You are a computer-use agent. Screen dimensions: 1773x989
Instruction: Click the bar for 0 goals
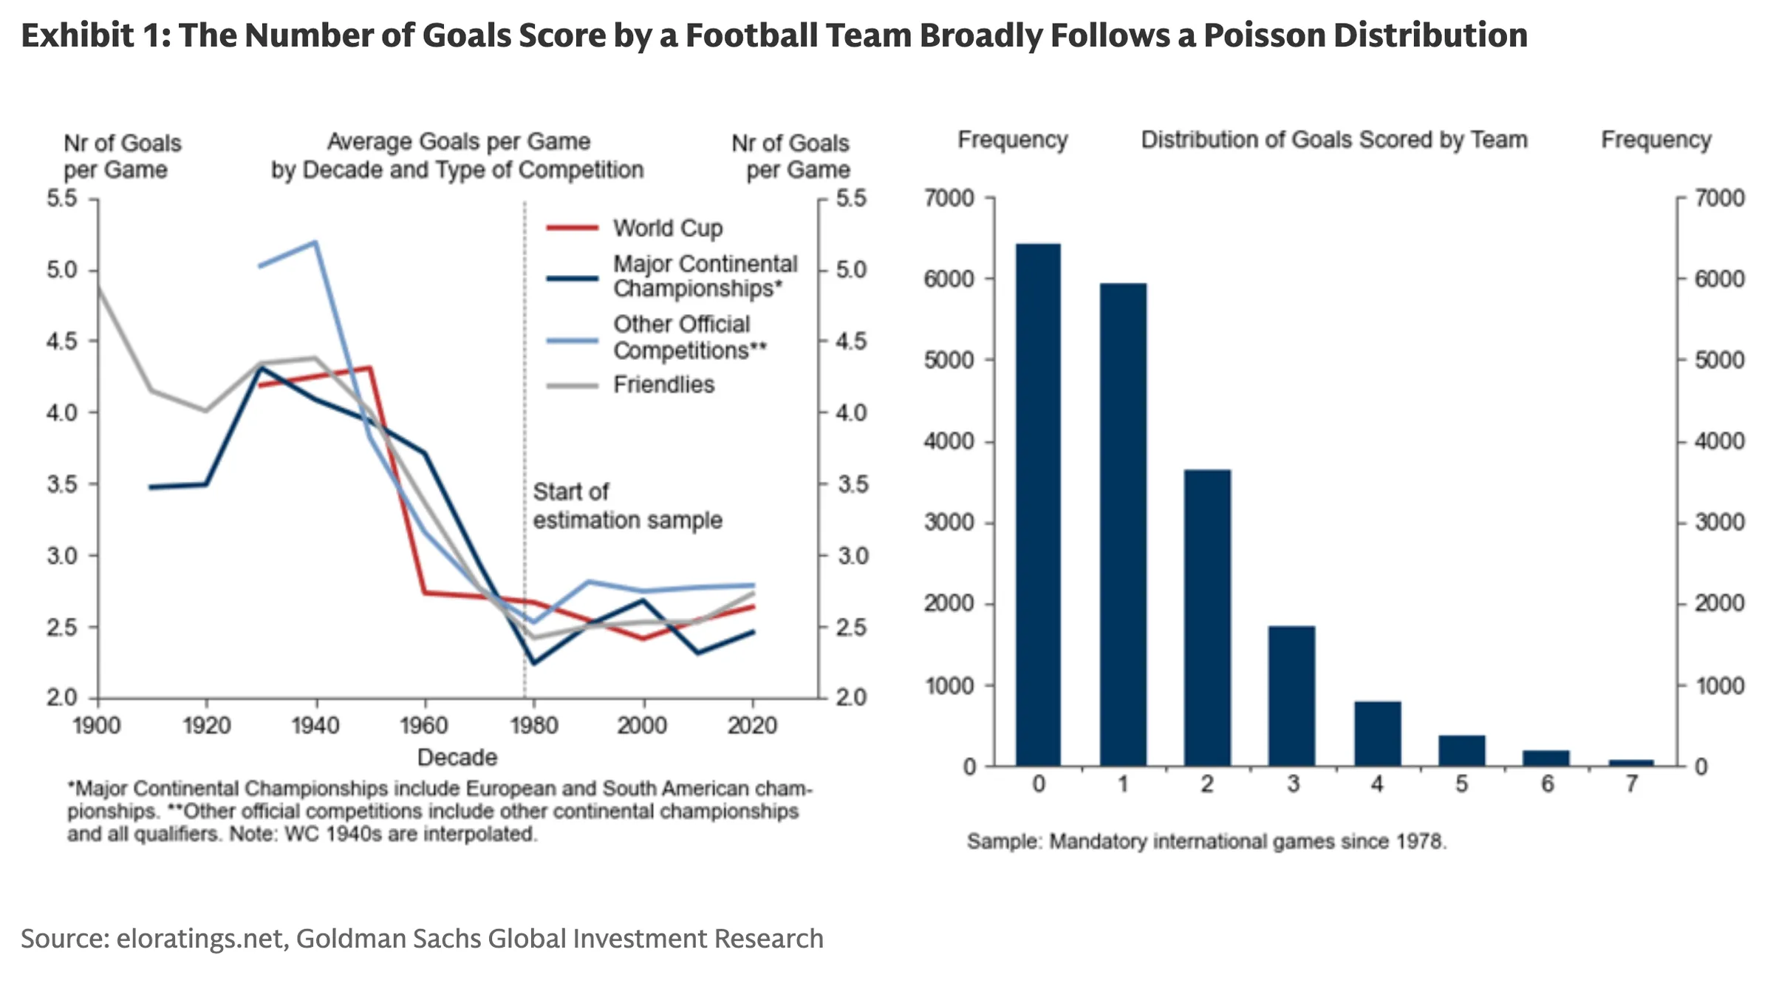tap(1038, 504)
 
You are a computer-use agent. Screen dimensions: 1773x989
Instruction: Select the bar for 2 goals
tap(1207, 617)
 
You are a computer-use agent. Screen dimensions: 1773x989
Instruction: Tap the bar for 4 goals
tap(1378, 733)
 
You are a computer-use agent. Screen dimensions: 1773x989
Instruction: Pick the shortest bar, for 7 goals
tap(1631, 763)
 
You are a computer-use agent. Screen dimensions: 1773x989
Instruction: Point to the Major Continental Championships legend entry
tap(672, 276)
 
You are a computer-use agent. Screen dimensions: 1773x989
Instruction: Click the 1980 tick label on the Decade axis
tap(533, 725)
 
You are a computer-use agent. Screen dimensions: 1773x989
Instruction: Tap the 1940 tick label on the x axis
tap(315, 725)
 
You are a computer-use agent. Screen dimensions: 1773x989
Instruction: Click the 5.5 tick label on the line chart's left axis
tap(62, 198)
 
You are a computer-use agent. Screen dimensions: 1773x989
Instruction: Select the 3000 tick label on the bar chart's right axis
tap(1719, 523)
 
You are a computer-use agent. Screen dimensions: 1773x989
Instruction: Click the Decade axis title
tap(457, 758)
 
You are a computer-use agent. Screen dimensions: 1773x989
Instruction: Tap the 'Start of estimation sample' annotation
tap(627, 506)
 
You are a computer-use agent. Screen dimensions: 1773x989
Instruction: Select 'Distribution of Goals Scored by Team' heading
tap(1334, 140)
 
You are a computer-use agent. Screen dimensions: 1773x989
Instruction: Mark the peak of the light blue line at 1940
tap(315, 242)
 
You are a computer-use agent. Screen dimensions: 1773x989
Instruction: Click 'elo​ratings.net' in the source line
tap(200, 939)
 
